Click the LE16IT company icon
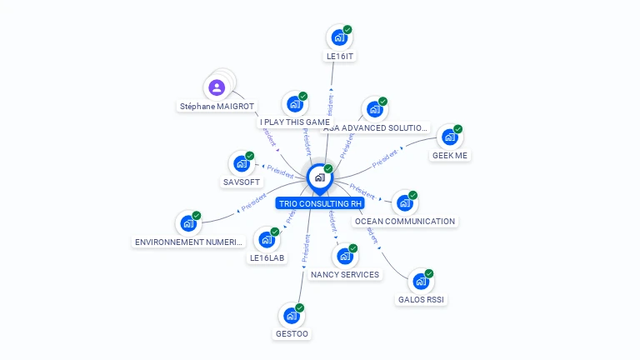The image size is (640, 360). click(338, 37)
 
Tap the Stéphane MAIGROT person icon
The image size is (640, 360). click(217, 87)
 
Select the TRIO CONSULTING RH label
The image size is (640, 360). click(321, 202)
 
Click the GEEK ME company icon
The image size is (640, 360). click(449, 137)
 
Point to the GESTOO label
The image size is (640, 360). click(292, 334)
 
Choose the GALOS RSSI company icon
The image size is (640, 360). click(421, 281)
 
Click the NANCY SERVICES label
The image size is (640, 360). click(345, 274)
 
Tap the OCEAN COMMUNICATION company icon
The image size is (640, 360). click(404, 202)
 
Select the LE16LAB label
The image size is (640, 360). click(267, 258)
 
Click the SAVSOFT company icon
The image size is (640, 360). click(242, 162)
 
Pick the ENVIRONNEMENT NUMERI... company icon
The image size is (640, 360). click(188, 223)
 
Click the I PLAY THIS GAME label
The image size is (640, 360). click(295, 122)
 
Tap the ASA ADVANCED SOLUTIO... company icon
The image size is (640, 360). click(374, 109)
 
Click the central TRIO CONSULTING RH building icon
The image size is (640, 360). click(319, 177)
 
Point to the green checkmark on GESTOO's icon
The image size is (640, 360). click(300, 307)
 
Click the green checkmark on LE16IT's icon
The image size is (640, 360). click(347, 29)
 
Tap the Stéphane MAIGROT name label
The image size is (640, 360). click(217, 107)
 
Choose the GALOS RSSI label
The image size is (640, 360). click(422, 300)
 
